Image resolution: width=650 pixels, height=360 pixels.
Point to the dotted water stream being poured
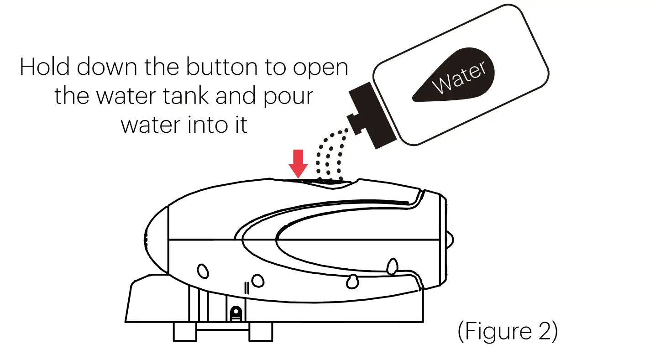(x=330, y=155)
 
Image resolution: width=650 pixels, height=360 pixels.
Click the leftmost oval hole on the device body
(x=202, y=271)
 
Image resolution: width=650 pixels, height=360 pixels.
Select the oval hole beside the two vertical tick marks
(x=258, y=280)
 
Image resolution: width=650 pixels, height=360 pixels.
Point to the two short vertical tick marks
(x=246, y=287)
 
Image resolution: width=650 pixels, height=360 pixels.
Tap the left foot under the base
(x=184, y=332)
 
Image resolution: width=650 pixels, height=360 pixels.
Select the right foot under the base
(x=260, y=332)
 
